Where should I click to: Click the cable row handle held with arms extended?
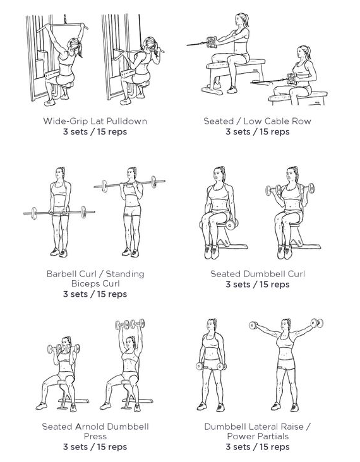(x=212, y=42)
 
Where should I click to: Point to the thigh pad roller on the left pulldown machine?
(x=52, y=74)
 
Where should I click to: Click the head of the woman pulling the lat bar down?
(x=149, y=44)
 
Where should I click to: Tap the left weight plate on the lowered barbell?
(x=34, y=213)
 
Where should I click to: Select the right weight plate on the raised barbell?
(x=153, y=182)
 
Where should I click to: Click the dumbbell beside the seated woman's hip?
(x=231, y=225)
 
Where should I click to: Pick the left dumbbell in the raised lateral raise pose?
(x=253, y=325)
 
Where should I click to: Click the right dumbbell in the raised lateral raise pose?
(x=317, y=323)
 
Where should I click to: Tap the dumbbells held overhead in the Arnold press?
(x=129, y=324)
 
